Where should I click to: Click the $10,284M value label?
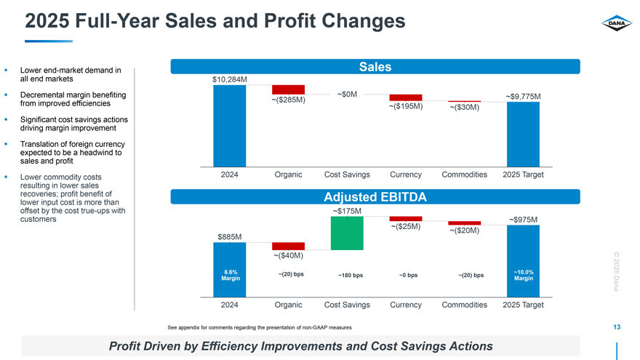230,79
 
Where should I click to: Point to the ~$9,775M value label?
528,95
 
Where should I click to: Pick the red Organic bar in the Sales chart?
288,89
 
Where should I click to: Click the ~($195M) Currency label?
406,107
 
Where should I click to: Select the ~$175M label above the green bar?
347,211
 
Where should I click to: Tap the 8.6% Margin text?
231,275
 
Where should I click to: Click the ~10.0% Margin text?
523,275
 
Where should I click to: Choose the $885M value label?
230,236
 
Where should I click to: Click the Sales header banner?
375,67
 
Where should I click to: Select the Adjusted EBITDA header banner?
375,196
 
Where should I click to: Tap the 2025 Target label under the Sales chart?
523,175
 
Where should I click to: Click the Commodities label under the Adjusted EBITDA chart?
464,305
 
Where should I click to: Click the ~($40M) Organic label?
288,255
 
